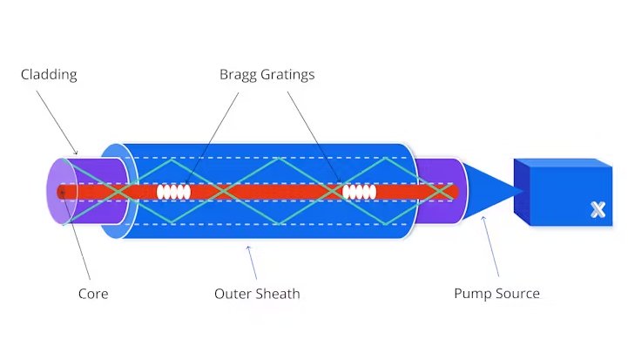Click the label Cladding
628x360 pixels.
tap(49, 75)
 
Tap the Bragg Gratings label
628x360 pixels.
tap(267, 75)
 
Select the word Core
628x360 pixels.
tap(93, 294)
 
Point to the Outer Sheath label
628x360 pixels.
tap(257, 294)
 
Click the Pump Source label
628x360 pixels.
tap(496, 294)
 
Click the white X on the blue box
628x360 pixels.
tap(598, 209)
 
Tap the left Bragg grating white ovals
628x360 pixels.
tap(173, 192)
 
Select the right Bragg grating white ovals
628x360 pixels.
tap(359, 192)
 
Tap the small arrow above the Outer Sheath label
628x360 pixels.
tap(250, 258)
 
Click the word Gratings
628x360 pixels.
tap(287, 75)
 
